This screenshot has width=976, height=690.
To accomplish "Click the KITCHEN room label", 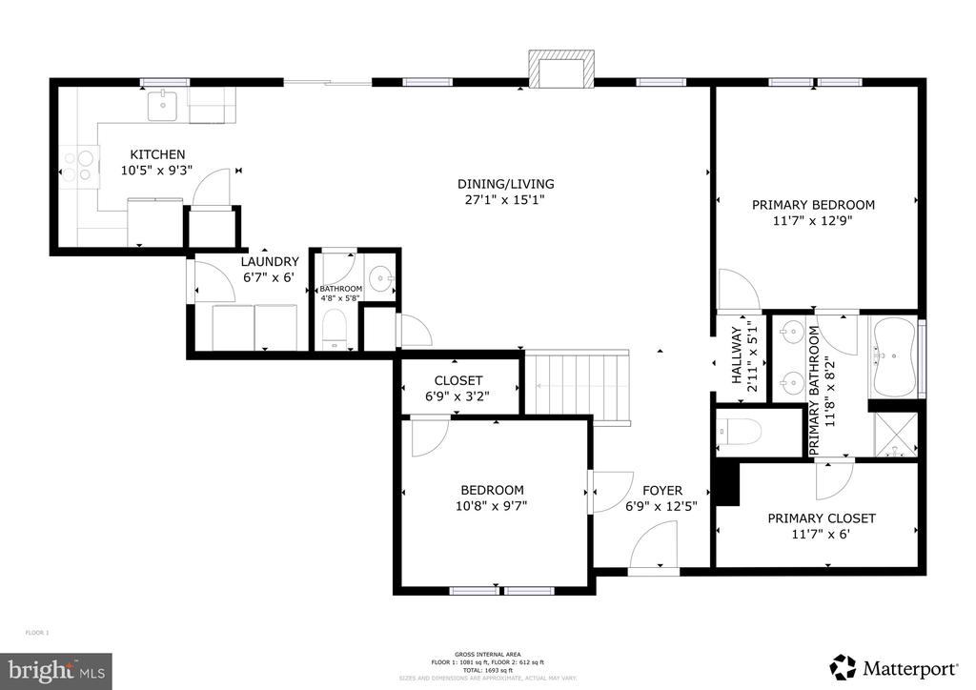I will (x=157, y=154).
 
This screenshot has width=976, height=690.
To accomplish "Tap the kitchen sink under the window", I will (x=162, y=106).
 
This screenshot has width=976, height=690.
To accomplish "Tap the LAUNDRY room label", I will (x=270, y=262).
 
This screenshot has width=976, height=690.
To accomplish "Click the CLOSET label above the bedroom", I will (x=458, y=380).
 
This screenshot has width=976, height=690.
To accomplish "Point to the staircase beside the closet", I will (x=579, y=383).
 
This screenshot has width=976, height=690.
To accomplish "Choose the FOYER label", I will (x=661, y=491).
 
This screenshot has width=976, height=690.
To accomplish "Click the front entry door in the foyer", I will (x=656, y=549).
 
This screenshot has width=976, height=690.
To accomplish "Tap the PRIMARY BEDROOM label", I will (x=813, y=204).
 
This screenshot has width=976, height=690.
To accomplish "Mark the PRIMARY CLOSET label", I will (x=821, y=518).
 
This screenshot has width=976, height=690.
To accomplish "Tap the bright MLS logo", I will (x=56, y=671).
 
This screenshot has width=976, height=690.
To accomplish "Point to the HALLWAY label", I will (x=736, y=355).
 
